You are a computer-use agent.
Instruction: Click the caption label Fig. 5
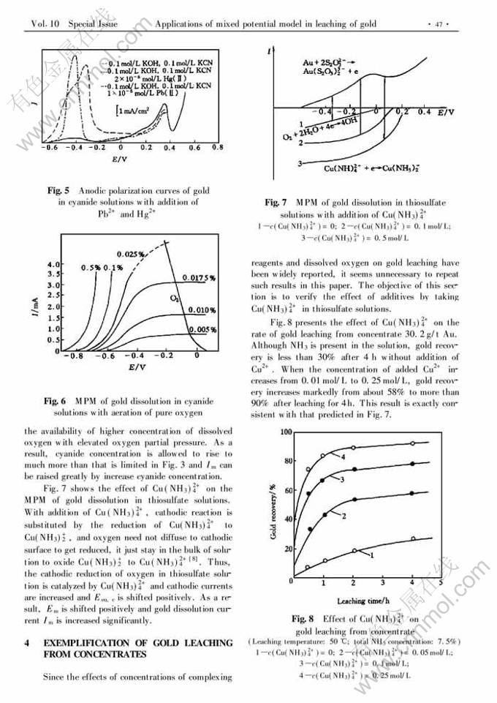pyautogui.click(x=59, y=190)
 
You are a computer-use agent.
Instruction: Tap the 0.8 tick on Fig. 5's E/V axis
pyautogui.click(x=217, y=147)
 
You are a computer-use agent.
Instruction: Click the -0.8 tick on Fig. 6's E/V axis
pyautogui.click(x=69, y=356)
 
